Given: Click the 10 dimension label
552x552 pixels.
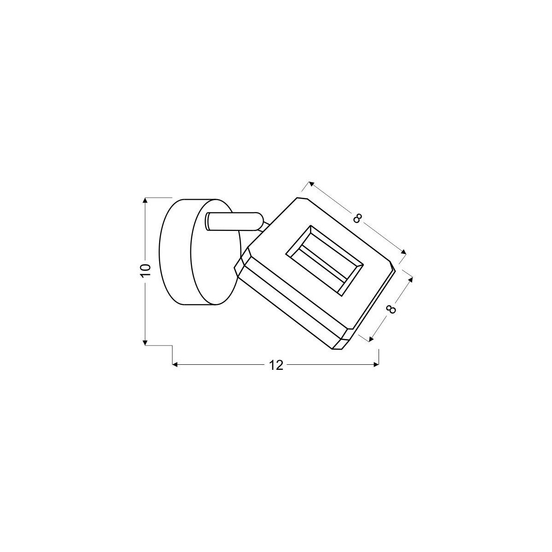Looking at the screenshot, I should [146, 270].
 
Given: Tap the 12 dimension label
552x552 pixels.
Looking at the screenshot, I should [276, 365].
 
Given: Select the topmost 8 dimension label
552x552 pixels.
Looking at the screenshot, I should [357, 218].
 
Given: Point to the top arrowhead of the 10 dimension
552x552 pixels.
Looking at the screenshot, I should [146, 201].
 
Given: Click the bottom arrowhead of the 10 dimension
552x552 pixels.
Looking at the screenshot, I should [146, 341].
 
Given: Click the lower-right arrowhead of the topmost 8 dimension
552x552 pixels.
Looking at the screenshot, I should [404, 252].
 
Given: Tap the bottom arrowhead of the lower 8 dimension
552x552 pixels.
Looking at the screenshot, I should [371, 339].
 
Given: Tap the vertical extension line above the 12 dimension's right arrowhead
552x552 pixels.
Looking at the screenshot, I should [378, 356].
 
